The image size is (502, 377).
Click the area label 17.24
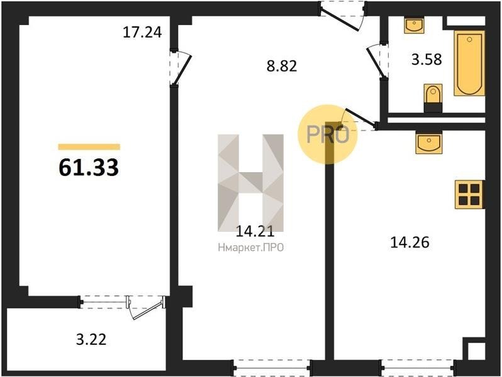pos(142,32)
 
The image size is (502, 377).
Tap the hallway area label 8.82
pos(282,66)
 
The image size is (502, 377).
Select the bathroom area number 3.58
pos(427,59)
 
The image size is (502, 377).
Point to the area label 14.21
pos(255,231)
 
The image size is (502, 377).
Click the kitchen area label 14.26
pos(410,242)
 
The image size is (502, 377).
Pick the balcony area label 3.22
pos(91,339)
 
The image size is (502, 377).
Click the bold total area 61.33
pos(89,167)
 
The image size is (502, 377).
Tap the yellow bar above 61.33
pos(89,147)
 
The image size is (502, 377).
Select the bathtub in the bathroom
pos(469,63)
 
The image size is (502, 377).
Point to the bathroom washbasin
pos(415,26)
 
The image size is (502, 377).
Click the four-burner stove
pos(469,194)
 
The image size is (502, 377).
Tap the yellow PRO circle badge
pos(328,134)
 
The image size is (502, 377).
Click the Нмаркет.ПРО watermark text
pos(251,248)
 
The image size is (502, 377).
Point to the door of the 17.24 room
pos(180,68)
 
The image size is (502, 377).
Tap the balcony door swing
pos(147,308)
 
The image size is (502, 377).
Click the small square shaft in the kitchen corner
pos(476,351)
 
